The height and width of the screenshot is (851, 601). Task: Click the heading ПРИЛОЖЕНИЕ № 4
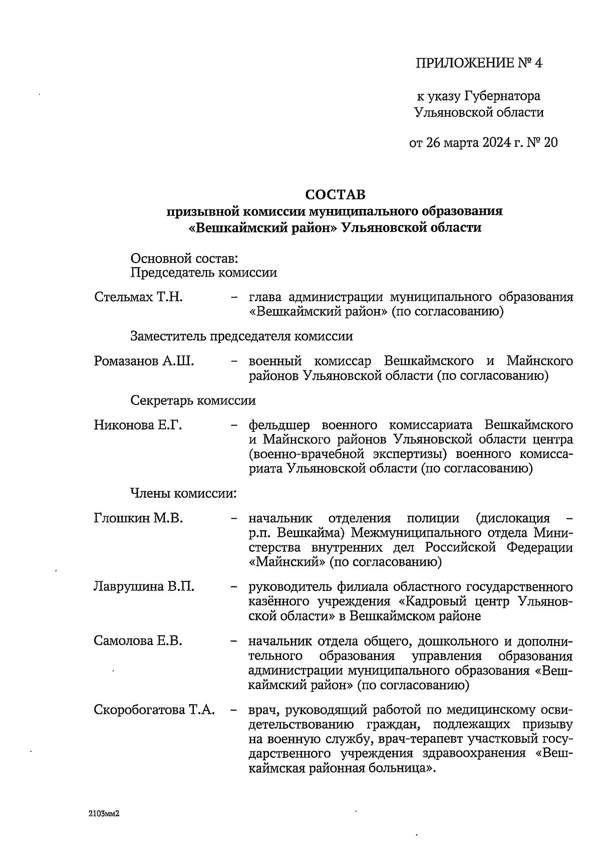[479, 63]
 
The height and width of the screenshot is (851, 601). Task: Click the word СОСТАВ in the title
[335, 194]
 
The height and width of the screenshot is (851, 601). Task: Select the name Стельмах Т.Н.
[138, 297]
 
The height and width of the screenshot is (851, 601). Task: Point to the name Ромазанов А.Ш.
[144, 361]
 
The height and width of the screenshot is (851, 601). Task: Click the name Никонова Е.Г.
[137, 425]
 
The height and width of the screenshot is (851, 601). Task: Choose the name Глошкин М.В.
[138, 518]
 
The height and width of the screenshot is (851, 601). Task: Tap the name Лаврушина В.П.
[144, 586]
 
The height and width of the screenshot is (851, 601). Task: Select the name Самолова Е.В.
[138, 641]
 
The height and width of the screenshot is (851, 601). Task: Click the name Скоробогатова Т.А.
[154, 710]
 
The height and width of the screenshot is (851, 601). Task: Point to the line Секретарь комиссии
[193, 400]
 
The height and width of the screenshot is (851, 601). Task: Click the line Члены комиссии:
[183, 493]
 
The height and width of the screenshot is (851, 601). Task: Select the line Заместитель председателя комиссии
[241, 336]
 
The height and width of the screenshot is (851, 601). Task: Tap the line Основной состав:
[184, 259]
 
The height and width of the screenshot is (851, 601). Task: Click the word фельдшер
[279, 425]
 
